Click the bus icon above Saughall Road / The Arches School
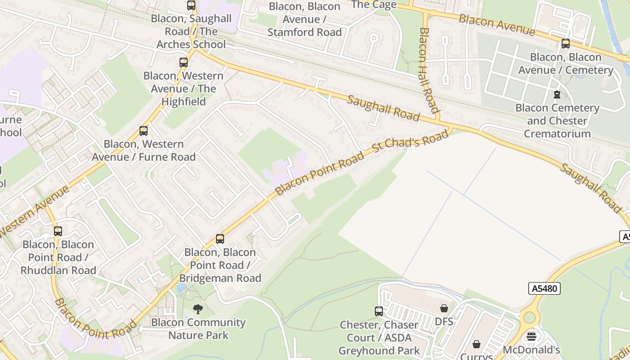point(191,5)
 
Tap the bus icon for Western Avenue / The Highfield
point(184,63)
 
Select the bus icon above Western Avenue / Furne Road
point(144,131)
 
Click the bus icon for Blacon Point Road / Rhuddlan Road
point(58,231)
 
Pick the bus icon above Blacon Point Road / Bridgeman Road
point(220,239)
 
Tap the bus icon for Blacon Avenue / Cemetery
point(566,44)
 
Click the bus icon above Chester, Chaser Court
point(379,311)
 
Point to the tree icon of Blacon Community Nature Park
point(198,309)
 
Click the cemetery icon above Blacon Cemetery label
point(557,94)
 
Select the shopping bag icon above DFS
point(444,308)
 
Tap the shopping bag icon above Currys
point(477,345)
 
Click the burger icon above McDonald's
point(531,337)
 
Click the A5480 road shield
point(544,288)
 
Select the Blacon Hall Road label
point(429,70)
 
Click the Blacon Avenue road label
point(497,25)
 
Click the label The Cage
point(373,4)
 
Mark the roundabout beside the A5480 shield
point(530,317)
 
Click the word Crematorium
point(557,134)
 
